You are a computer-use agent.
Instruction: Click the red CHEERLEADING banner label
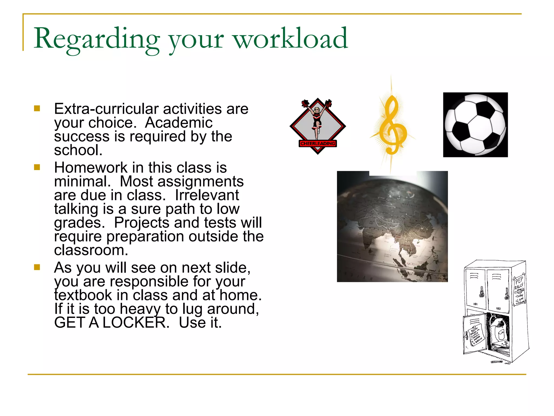[318, 144]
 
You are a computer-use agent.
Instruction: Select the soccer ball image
[475, 125]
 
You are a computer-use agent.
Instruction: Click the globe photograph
[392, 226]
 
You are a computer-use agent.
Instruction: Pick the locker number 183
[498, 308]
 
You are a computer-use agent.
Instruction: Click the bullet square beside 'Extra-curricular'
[37, 109]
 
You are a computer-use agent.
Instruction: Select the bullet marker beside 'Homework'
[37, 167]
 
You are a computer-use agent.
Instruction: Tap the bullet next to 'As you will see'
[37, 267]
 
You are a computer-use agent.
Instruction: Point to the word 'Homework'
[91, 168]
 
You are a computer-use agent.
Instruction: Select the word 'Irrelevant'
[207, 195]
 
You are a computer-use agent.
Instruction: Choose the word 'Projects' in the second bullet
[141, 223]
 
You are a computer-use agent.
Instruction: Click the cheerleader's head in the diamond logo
[317, 110]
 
